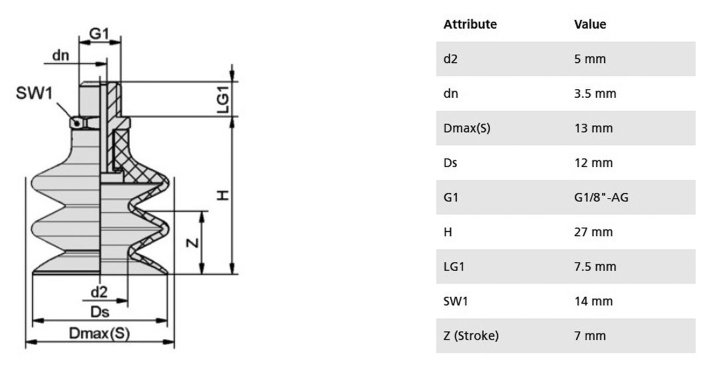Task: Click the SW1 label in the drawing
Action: tap(35, 93)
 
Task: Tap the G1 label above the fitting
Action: tap(99, 33)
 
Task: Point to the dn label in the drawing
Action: tap(61, 55)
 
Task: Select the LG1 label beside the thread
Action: tap(223, 100)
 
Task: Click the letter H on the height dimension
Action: tap(223, 196)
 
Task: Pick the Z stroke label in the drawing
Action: tap(192, 243)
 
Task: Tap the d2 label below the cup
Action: tap(99, 292)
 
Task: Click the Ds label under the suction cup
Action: tap(100, 312)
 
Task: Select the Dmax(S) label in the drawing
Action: tap(99, 333)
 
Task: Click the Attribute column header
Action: tap(470, 24)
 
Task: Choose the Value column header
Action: tap(590, 24)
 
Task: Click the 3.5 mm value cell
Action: tap(595, 93)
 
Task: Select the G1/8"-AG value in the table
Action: tap(601, 197)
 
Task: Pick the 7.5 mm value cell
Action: tap(595, 266)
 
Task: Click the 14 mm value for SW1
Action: tap(593, 301)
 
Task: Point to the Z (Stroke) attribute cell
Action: tap(471, 336)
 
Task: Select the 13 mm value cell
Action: tap(593, 128)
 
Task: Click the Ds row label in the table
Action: tap(450, 163)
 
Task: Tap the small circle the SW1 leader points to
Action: tap(76, 122)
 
